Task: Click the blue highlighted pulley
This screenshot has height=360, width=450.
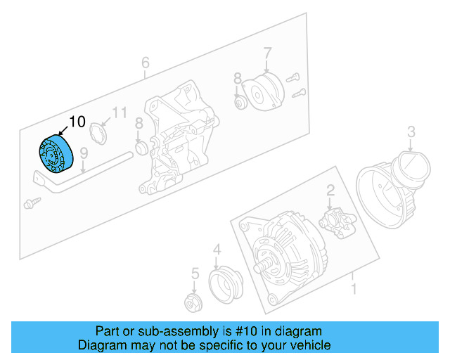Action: (54, 153)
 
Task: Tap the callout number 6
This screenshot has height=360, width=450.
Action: (145, 63)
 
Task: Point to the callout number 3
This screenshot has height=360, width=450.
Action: (411, 131)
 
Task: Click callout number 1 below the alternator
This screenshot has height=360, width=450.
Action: (354, 288)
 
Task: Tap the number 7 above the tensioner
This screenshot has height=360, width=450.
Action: (267, 52)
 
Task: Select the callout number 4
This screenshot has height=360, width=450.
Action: (217, 249)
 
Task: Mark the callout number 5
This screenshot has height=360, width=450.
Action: (195, 273)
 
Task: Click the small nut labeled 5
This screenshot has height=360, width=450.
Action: (191, 303)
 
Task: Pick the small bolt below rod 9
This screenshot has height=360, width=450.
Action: (30, 202)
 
